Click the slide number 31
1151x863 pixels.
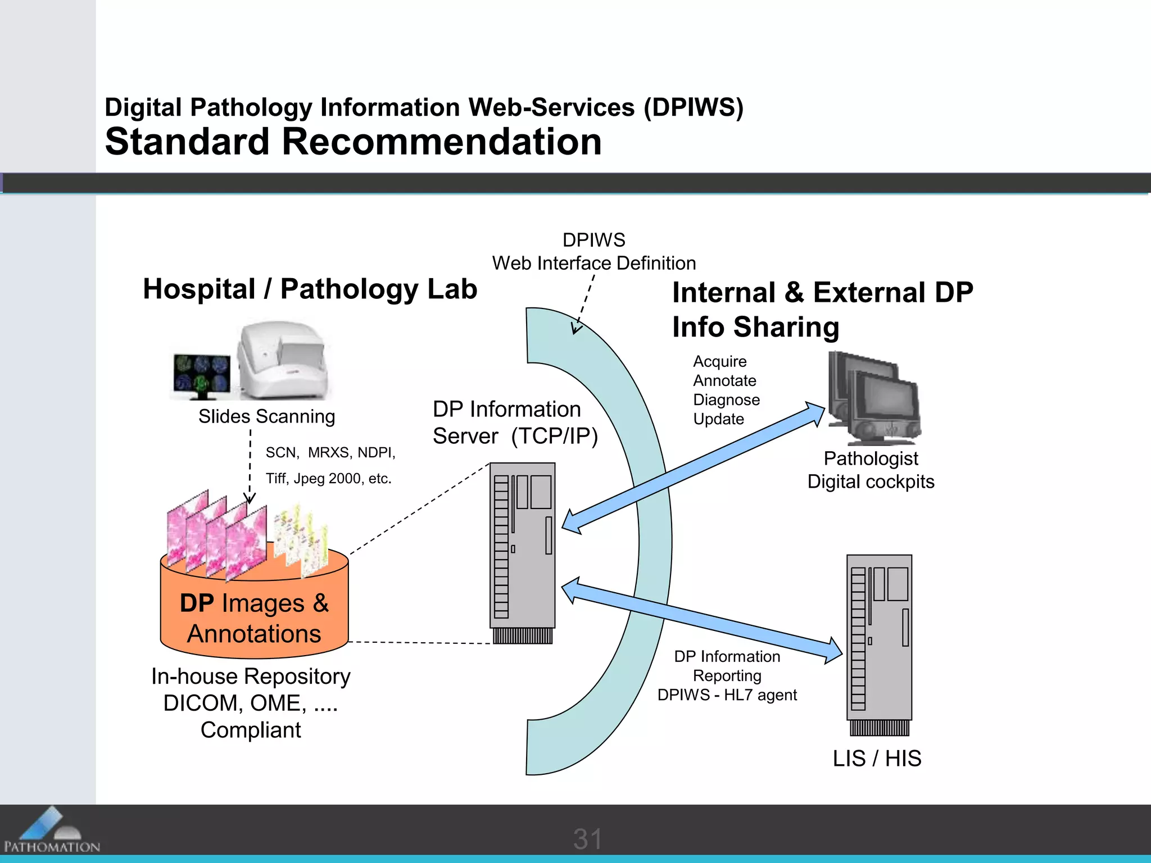click(x=587, y=839)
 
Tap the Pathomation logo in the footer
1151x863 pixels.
click(x=51, y=830)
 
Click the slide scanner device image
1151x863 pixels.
click(x=281, y=360)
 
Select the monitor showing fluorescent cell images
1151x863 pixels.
click(x=201, y=374)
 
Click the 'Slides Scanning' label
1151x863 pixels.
click(x=266, y=416)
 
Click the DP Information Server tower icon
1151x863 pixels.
click(x=522, y=551)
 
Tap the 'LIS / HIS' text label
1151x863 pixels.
click(x=877, y=758)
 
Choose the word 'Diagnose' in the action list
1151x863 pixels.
click(x=726, y=400)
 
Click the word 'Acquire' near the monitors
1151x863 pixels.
click(x=719, y=361)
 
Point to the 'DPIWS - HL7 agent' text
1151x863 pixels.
click(x=727, y=695)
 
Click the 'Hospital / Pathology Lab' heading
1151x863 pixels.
click(x=310, y=289)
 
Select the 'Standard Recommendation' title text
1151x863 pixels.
click(x=353, y=142)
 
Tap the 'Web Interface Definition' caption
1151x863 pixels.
click(x=594, y=263)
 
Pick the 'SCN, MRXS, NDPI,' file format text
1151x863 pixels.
click(x=330, y=452)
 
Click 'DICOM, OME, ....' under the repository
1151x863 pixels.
click(x=251, y=703)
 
